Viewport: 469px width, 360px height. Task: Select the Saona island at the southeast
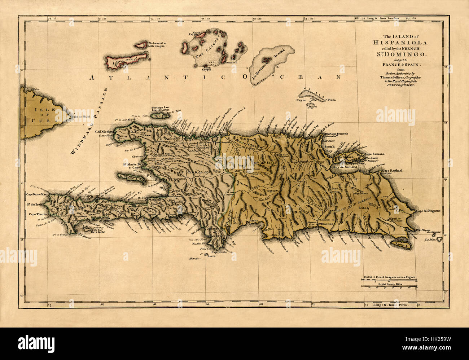[x=402, y=245]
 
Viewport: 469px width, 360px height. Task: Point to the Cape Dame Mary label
[x=37, y=194]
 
